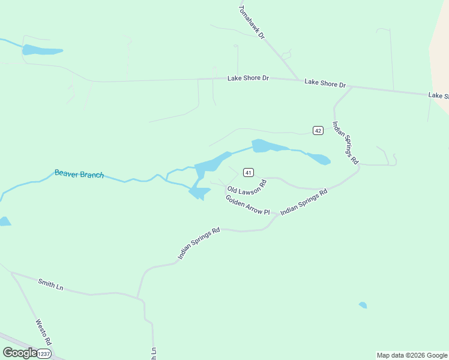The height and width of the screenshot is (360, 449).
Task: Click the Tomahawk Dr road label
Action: (252, 23)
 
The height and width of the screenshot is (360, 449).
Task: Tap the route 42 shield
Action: (318, 130)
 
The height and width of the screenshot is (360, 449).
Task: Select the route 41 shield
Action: (248, 172)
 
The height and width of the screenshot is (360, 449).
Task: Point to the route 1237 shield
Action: (44, 354)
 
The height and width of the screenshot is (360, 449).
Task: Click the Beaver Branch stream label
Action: (79, 174)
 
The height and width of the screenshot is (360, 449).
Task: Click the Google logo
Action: (20, 353)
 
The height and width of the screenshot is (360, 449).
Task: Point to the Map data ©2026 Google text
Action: (412, 355)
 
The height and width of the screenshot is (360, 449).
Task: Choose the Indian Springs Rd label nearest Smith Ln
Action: (199, 243)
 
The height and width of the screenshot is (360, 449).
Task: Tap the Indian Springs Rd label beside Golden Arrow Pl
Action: (304, 202)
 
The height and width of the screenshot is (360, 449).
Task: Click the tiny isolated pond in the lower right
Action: (363, 305)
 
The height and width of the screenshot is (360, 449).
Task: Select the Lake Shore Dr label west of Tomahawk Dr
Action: (248, 79)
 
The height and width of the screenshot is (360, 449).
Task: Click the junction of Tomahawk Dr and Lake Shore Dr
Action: (298, 80)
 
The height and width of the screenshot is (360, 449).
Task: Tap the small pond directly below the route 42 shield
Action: (318, 159)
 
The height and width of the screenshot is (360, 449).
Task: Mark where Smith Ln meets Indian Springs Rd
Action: (138, 298)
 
